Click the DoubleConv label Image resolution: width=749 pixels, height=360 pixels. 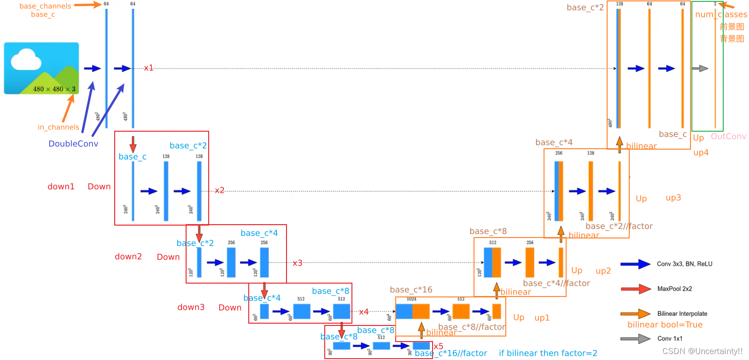coord(73,144)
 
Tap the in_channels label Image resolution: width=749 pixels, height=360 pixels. coord(59,127)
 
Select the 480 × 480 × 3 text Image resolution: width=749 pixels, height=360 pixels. coord(54,89)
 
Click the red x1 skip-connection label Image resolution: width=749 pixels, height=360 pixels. coord(148,68)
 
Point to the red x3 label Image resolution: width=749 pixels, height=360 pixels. coord(298,263)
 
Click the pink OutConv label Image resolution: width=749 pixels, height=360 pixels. coord(728,136)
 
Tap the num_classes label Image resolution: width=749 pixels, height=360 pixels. coord(721,14)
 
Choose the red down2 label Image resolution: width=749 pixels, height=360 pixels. coord(128,256)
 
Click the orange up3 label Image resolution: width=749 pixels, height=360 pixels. coord(673,197)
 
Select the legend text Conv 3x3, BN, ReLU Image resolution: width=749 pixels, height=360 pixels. coord(685,264)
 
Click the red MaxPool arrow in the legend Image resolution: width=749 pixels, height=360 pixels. coord(636,289)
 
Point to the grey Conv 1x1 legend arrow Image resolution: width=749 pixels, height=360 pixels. coord(636,339)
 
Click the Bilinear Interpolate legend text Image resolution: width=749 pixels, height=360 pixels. coord(682,314)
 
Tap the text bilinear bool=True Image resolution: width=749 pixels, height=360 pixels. coord(665,325)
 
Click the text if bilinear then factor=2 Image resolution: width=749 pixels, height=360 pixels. coord(548,353)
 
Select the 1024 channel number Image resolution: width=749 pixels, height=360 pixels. coord(411,299)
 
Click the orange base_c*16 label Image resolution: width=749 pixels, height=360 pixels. coord(411,290)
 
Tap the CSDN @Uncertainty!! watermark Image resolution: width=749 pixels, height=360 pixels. coord(702,351)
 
